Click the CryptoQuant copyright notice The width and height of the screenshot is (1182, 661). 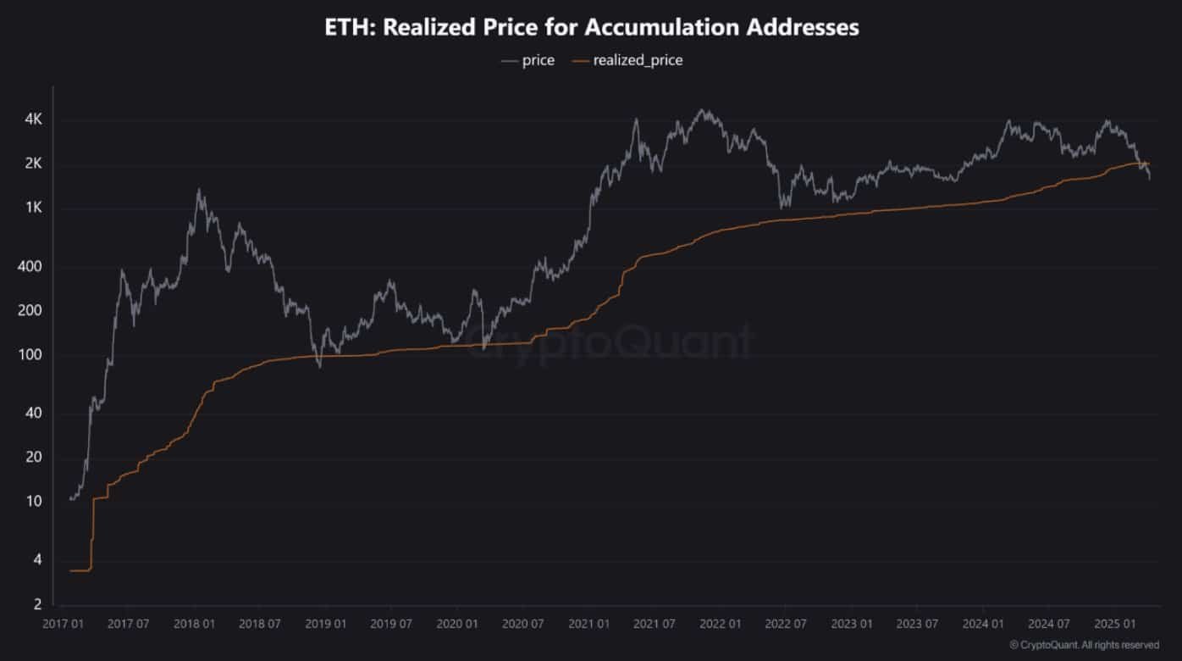pyautogui.click(x=1085, y=645)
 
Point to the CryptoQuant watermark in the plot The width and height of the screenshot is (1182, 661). pyautogui.click(x=610, y=343)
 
